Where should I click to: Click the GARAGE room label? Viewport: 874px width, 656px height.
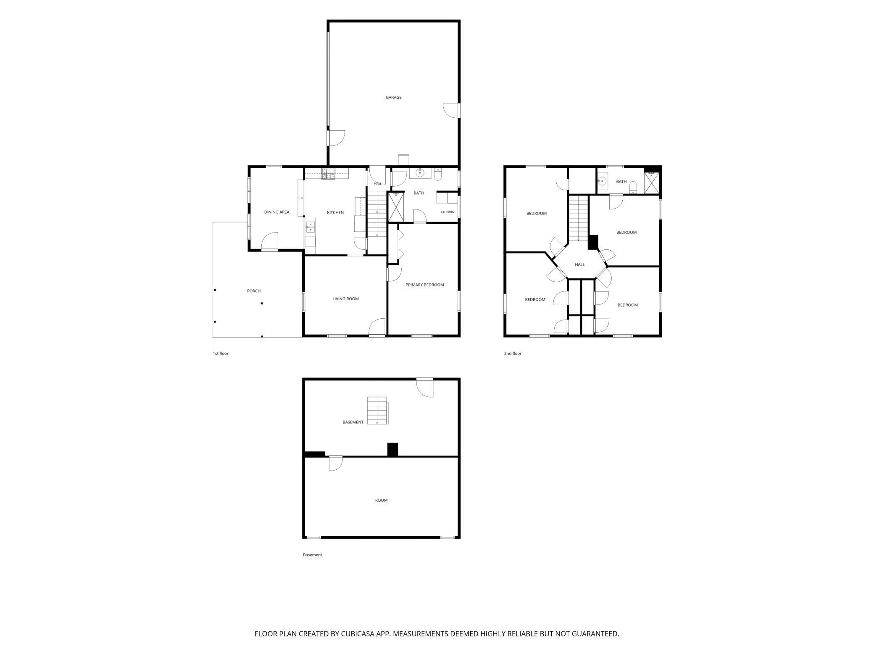tap(393, 98)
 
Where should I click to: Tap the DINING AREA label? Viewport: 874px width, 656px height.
tap(276, 212)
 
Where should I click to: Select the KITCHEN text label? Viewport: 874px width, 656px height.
tap(335, 213)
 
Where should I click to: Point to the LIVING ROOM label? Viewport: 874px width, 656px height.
tap(345, 299)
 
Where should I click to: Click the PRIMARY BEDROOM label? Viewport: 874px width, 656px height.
tap(424, 285)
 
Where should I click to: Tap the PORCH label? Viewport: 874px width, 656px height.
tap(254, 291)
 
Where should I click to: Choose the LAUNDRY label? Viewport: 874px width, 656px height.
tap(448, 212)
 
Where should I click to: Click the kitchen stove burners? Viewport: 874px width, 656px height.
tap(329, 174)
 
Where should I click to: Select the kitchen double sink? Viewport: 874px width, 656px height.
tap(310, 227)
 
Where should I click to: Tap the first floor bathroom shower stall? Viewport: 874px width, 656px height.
tap(396, 207)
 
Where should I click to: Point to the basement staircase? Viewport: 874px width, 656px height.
tap(377, 410)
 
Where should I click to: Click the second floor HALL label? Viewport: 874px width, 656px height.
tap(580, 265)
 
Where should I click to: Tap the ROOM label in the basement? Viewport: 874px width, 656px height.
tap(382, 500)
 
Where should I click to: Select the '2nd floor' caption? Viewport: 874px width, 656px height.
tap(513, 354)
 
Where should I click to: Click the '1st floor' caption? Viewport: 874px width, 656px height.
tap(221, 354)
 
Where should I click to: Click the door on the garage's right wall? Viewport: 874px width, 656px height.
tap(452, 110)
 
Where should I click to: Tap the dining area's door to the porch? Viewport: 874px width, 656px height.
tap(270, 241)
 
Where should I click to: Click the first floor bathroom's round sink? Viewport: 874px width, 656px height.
tap(420, 173)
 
